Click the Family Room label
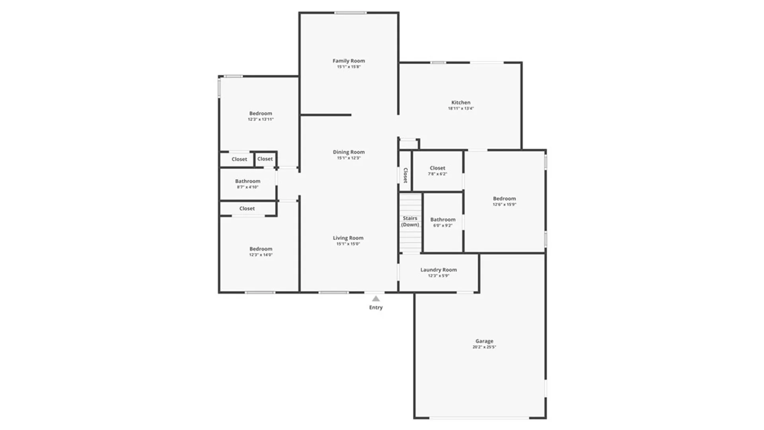click(349, 61)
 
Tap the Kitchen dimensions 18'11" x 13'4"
click(461, 108)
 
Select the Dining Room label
click(349, 152)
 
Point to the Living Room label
click(348, 238)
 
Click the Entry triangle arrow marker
click(376, 299)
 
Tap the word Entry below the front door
click(376, 307)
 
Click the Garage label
click(484, 341)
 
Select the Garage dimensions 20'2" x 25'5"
click(484, 347)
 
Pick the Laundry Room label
click(439, 270)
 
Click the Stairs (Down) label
click(410, 221)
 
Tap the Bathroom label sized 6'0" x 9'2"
click(443, 220)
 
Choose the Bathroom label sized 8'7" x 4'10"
click(248, 181)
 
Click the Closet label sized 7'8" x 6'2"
click(437, 168)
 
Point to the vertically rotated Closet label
click(405, 175)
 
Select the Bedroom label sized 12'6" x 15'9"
click(504, 199)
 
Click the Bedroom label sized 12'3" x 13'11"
click(261, 113)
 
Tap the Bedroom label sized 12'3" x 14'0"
click(261, 249)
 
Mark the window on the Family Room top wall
click(350, 13)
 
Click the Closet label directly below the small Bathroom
click(247, 209)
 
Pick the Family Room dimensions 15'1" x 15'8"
click(349, 67)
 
